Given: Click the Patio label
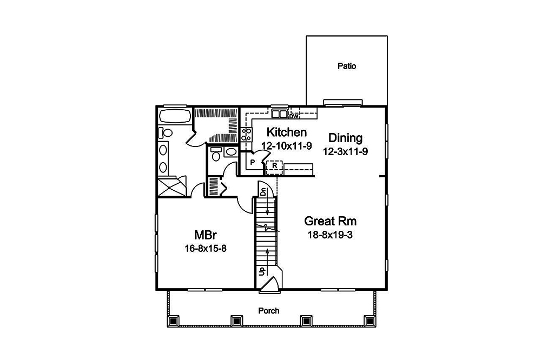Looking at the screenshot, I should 347,66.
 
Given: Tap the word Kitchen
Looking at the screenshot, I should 287,132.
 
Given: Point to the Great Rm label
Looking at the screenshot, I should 331,221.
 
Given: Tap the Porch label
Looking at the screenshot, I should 269,310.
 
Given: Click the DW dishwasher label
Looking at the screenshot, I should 294,116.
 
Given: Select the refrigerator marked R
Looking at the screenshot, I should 275,166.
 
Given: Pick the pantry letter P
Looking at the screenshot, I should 252,162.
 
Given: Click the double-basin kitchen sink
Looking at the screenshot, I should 279,114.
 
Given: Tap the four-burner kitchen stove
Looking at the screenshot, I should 246,134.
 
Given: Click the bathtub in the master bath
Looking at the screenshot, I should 175,116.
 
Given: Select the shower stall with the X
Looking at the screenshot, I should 171,186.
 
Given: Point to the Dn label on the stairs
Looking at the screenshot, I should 262,191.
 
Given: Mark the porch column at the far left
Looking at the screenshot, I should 173,321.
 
